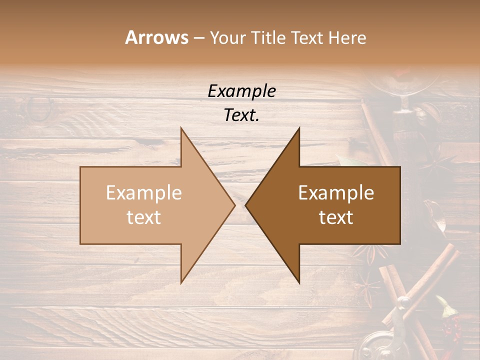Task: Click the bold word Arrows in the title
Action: [x=157, y=37]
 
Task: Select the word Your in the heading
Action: [x=227, y=37]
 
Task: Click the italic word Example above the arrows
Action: [x=241, y=91]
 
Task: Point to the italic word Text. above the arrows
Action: [x=241, y=115]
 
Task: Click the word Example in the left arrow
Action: [x=144, y=193]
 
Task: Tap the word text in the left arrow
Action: [x=144, y=217]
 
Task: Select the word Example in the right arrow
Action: [x=336, y=193]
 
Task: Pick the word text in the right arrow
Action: [x=336, y=217]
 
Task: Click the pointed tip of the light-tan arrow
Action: [x=234, y=205]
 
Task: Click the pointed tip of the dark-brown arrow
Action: [x=246, y=205]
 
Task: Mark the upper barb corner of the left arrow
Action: [x=181, y=128]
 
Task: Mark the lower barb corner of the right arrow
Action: [x=299, y=283]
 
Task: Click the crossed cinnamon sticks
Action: [x=410, y=290]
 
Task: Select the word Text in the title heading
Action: [x=305, y=37]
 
